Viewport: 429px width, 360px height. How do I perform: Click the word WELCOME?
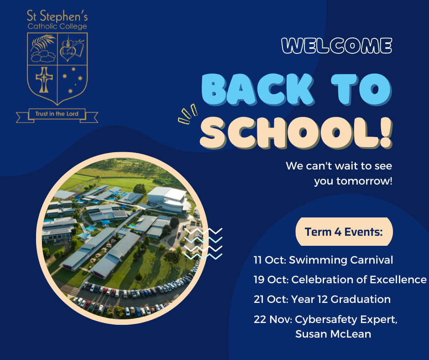pos(337,46)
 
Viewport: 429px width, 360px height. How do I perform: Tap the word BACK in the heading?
pos(257,90)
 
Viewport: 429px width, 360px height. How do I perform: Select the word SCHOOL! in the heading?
pos(296,133)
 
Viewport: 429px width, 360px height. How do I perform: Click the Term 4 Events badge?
pos(344,232)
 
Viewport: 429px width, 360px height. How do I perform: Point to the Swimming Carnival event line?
pos(323,260)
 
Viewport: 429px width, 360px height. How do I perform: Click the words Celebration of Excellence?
pos(359,280)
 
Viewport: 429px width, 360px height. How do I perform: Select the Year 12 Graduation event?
pos(322,299)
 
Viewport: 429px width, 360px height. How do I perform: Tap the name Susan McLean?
pos(333,334)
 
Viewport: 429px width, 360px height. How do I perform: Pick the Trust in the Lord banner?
pos(57,115)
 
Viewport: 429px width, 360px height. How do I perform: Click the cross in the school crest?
pos(44,80)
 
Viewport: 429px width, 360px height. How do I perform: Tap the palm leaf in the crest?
pos(43,42)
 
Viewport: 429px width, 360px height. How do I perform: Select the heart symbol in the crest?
pos(68,53)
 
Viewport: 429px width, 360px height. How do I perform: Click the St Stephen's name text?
pos(57,16)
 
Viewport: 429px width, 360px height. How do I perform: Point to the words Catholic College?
pos(57,26)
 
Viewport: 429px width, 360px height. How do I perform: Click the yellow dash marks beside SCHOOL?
pos(188,114)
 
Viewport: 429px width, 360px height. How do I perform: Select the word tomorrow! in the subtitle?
pos(365,181)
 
